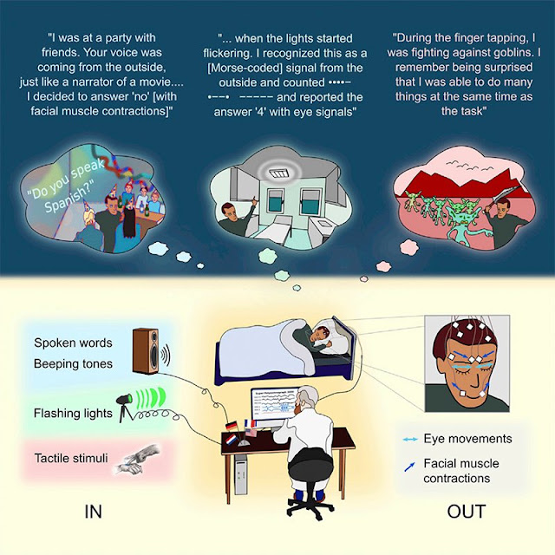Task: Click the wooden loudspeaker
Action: click(145, 350)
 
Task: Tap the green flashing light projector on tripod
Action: click(126, 407)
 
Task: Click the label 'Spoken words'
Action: click(73, 343)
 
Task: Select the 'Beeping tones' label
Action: click(73, 363)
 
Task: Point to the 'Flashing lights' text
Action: click(73, 413)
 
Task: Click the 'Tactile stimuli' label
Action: click(71, 458)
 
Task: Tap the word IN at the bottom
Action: click(93, 512)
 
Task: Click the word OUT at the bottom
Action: click(467, 512)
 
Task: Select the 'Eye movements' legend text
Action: click(467, 439)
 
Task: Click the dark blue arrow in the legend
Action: click(409, 467)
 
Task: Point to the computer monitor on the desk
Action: click(272, 407)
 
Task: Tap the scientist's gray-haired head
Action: click(307, 398)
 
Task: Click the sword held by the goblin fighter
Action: click(504, 193)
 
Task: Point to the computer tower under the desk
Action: click(241, 474)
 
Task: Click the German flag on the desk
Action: click(232, 425)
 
